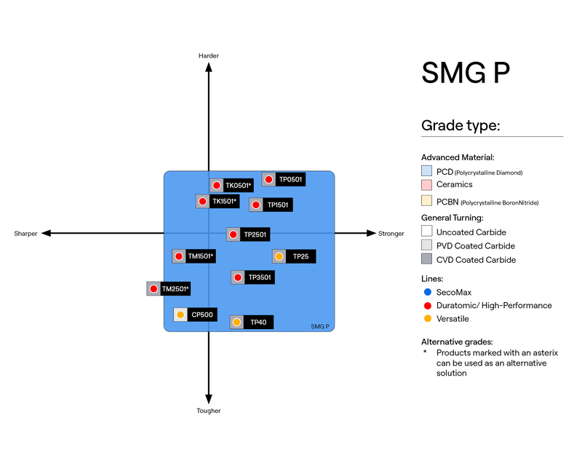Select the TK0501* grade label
click(x=238, y=186)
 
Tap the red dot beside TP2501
click(x=233, y=234)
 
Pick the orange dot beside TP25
click(x=279, y=256)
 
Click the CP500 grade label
click(x=202, y=315)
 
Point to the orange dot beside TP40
click(x=236, y=322)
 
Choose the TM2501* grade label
click(x=175, y=289)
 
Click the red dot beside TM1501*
click(x=179, y=256)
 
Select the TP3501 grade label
click(x=259, y=277)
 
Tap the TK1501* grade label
click(x=225, y=201)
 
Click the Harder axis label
click(x=209, y=56)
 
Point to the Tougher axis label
click(x=209, y=411)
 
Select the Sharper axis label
click(x=25, y=234)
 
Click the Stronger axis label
click(x=391, y=234)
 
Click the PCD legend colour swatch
click(x=427, y=172)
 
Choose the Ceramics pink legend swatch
click(x=427, y=185)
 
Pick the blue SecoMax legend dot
click(x=427, y=292)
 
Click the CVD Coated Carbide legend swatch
click(x=427, y=260)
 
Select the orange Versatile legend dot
click(x=427, y=319)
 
